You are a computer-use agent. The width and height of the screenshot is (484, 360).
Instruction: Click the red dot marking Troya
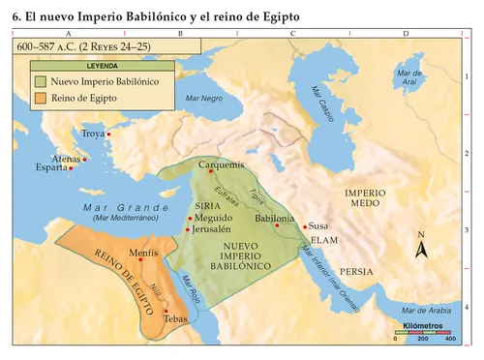pyautogui.click(x=108, y=134)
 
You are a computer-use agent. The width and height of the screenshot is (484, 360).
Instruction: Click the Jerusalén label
pyautogui.click(x=210, y=229)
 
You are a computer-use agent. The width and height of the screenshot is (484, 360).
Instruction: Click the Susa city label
pyautogui.click(x=318, y=225)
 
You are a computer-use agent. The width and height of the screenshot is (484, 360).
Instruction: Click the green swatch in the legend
pyautogui.click(x=38, y=82)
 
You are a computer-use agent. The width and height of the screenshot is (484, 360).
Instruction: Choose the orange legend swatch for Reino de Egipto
pyautogui.click(x=38, y=99)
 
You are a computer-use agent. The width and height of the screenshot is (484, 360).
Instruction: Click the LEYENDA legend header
pyautogui.click(x=104, y=66)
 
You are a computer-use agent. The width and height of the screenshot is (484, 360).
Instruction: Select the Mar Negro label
pyautogui.click(x=204, y=99)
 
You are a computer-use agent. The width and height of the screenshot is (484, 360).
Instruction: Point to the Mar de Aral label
pyautogui.click(x=409, y=76)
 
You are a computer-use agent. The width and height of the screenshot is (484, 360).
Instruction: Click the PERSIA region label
pyautogui.click(x=356, y=271)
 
